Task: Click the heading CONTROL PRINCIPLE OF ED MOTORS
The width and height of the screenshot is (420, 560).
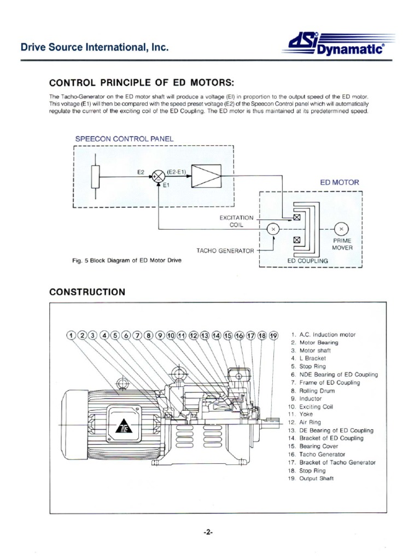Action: [x=142, y=83]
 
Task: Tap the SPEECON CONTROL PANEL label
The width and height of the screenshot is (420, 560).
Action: [x=124, y=138]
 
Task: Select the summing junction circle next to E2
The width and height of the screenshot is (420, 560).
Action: [x=158, y=176]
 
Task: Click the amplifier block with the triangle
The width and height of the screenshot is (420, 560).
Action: [x=206, y=176]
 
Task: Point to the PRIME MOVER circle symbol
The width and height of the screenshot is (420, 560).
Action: [x=341, y=228]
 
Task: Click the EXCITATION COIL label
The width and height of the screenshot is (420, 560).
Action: [x=236, y=221]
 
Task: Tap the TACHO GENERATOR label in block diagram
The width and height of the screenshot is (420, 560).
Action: [x=225, y=250]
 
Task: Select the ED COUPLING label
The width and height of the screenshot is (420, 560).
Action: [x=307, y=261]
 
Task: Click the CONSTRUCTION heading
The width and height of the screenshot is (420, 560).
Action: [x=87, y=292]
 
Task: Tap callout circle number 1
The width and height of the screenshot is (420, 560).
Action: [x=71, y=335]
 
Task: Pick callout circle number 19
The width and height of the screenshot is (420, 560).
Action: [x=274, y=335]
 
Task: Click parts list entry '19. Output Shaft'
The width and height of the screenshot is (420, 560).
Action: [x=312, y=479]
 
